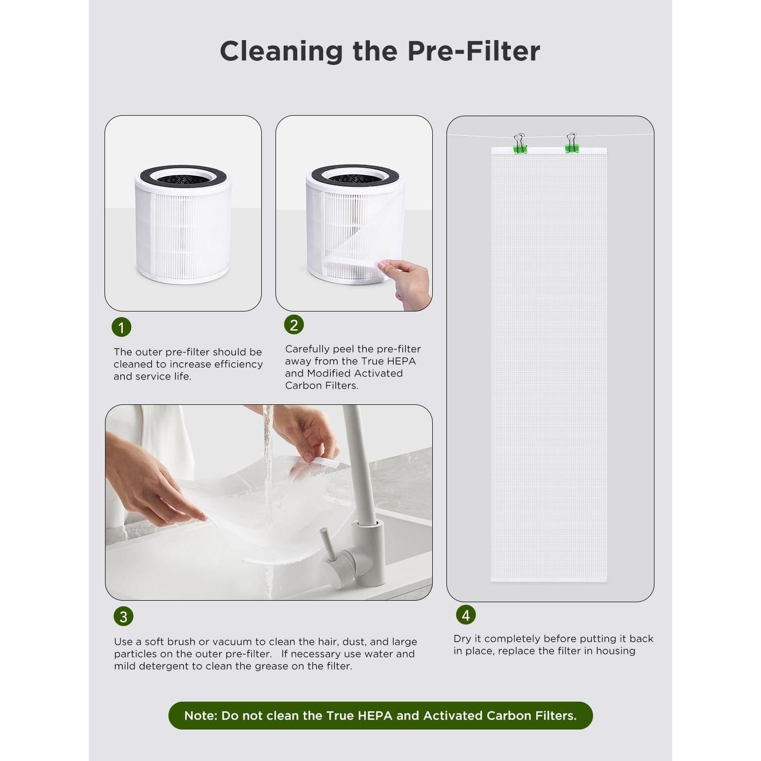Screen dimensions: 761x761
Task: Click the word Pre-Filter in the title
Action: coord(474,51)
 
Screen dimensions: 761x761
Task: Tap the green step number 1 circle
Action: coord(121,327)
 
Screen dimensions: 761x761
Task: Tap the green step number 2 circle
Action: coord(294,325)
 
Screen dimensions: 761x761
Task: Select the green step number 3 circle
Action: coord(123,616)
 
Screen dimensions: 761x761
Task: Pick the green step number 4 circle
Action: coord(466,615)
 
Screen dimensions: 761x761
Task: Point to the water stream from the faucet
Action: coord(267,446)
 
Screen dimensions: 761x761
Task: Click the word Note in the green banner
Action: coord(200,716)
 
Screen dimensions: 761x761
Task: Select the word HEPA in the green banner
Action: coord(375,716)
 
